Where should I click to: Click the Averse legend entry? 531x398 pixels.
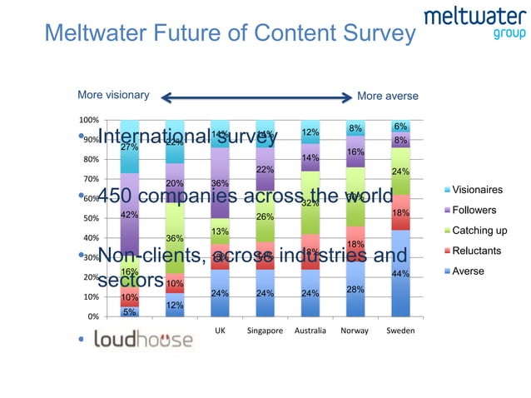point(468,271)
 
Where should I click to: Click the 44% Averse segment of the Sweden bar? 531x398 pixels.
point(401,273)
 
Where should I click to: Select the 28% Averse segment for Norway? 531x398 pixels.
point(355,288)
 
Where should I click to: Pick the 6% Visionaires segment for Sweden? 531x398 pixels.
point(401,126)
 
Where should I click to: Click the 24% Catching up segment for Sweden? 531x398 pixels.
point(401,172)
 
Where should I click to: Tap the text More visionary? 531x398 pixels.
point(113,95)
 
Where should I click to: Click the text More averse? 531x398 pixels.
point(387,96)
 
